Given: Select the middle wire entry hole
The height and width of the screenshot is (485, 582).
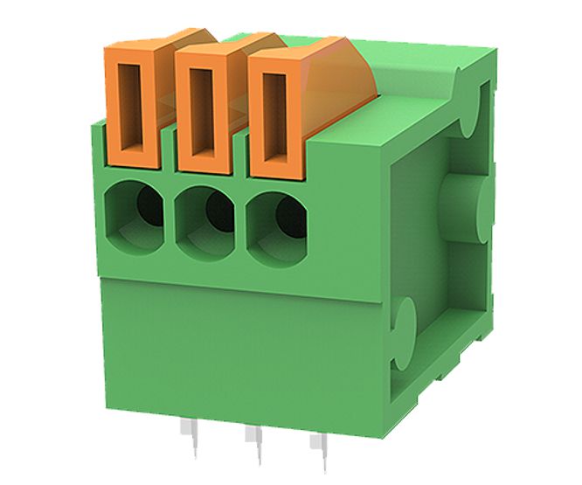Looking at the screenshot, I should (205, 218).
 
